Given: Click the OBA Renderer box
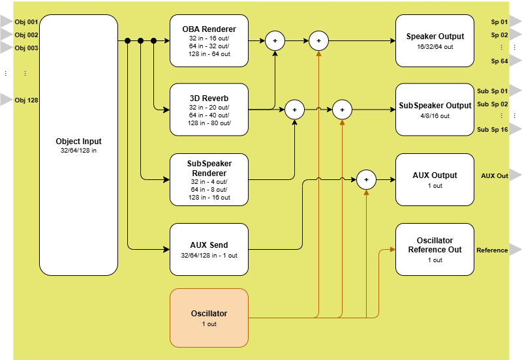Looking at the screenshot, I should click(x=209, y=40).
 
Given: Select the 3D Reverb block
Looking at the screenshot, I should click(x=209, y=110).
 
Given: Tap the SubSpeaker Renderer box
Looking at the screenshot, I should click(x=209, y=179).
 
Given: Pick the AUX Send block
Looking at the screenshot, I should click(x=209, y=249).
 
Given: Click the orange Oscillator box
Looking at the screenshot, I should click(x=209, y=318).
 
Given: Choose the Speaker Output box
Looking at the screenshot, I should click(x=435, y=40).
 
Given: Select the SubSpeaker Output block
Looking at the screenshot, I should click(x=435, y=110).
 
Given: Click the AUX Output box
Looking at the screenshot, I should click(x=435, y=179).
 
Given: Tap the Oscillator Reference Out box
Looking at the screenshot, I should click(x=435, y=249).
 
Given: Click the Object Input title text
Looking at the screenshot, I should click(x=78, y=142).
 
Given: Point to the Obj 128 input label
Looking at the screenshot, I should click(x=26, y=100).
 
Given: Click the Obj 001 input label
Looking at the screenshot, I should click(x=26, y=22).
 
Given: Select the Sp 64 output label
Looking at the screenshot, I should click(x=499, y=61).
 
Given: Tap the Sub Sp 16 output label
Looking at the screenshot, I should click(x=492, y=130).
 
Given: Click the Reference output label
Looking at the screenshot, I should click(x=492, y=250).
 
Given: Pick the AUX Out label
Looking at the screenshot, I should click(x=494, y=176).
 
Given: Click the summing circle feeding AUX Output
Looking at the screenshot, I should click(x=366, y=179).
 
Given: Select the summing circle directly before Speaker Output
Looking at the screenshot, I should click(x=318, y=41).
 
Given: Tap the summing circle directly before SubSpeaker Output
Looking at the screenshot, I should click(x=342, y=110).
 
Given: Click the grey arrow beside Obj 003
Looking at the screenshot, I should click(x=6, y=48).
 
